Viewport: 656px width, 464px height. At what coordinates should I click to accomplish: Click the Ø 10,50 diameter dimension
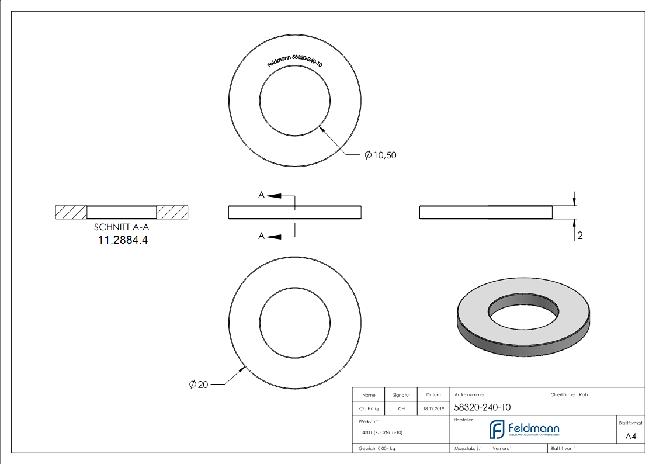[x=380, y=155]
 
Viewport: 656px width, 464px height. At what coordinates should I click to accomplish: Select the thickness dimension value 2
[x=580, y=236]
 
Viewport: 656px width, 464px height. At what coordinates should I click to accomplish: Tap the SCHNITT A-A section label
[x=122, y=228]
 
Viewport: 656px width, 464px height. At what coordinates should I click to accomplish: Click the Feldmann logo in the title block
[x=523, y=430]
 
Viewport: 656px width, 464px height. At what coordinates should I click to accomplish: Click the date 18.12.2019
[x=433, y=409]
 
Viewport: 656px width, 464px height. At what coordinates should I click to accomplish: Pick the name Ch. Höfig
[x=369, y=409]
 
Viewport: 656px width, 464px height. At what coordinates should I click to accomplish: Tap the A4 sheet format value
[x=630, y=437]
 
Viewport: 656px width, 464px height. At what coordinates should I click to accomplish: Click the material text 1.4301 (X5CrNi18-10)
[x=380, y=432]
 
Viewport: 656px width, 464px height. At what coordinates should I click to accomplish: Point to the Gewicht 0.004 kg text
[x=377, y=448]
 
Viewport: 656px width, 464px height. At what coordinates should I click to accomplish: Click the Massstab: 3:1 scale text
[x=468, y=448]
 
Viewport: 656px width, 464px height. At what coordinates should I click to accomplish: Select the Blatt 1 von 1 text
[x=563, y=448]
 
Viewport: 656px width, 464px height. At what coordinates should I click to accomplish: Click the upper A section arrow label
[x=262, y=195]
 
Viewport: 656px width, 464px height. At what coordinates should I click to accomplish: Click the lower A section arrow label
[x=262, y=236]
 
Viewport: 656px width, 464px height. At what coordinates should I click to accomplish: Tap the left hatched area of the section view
[x=71, y=212]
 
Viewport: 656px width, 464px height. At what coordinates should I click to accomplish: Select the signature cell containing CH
[x=401, y=409]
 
